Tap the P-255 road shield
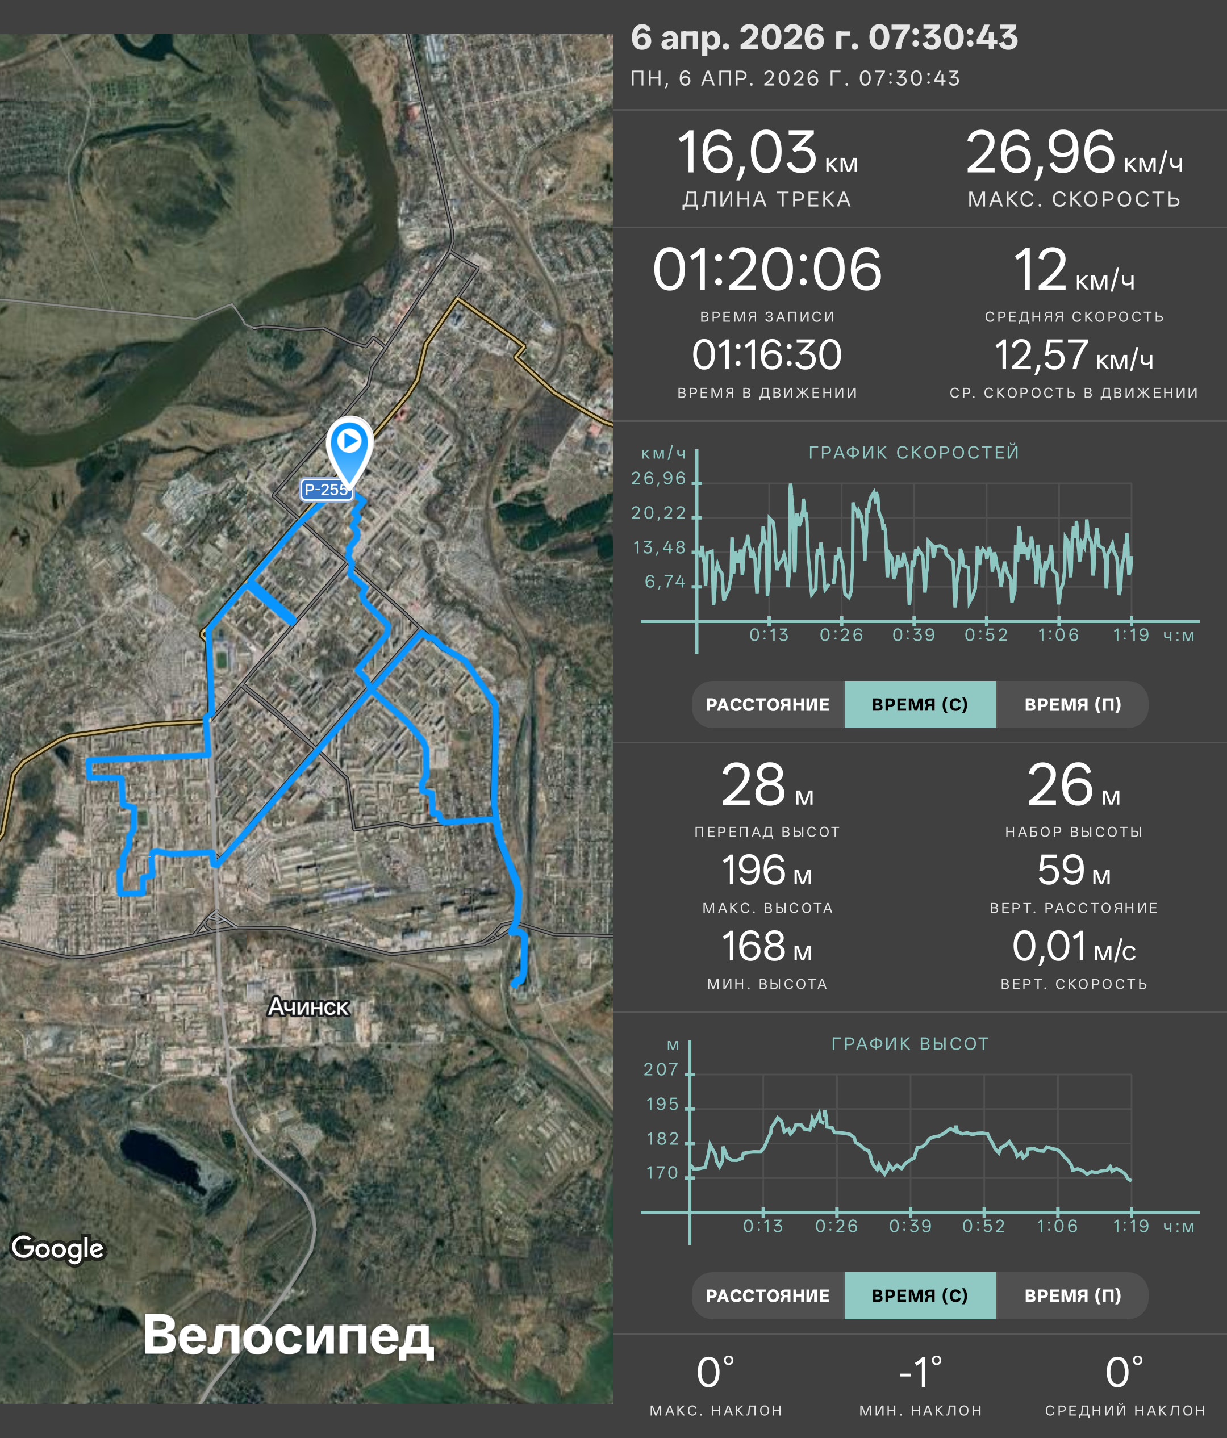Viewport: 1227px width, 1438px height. [x=326, y=490]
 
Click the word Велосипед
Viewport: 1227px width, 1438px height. [x=288, y=1336]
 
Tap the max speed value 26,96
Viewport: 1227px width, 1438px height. [x=1040, y=153]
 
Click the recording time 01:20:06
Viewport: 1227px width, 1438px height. [x=767, y=269]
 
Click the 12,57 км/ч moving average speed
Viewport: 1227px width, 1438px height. [x=1074, y=356]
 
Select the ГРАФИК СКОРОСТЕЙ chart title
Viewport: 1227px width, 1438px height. [x=914, y=453]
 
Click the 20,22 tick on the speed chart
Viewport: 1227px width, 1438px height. [x=658, y=513]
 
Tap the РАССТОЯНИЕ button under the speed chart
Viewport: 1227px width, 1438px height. [x=767, y=704]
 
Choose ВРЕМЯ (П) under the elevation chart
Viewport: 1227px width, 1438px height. [x=1072, y=1295]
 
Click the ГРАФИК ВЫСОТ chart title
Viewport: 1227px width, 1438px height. [x=910, y=1044]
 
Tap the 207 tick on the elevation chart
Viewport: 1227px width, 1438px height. [x=661, y=1069]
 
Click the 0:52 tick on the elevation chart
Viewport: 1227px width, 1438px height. [x=983, y=1226]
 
